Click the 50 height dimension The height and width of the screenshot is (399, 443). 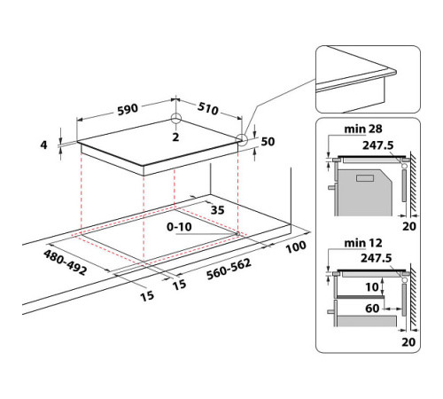click(x=268, y=142)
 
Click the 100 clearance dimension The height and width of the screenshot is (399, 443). click(x=296, y=245)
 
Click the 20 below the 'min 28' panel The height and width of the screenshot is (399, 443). click(x=408, y=226)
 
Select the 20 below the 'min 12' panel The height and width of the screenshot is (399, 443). click(x=408, y=340)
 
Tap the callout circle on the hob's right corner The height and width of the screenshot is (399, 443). click(x=242, y=139)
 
